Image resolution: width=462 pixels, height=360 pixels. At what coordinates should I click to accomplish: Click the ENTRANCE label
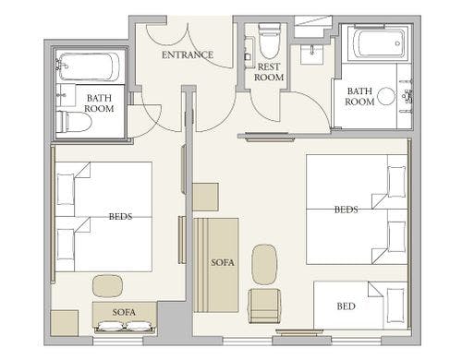coord(188,54)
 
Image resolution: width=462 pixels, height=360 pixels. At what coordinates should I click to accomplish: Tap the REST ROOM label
coord(269,72)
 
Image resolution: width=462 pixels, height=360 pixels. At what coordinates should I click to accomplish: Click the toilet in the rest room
coord(270,41)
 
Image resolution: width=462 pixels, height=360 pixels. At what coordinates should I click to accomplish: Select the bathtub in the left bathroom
coord(89,66)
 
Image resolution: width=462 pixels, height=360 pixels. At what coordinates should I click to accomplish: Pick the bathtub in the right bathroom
coord(379,43)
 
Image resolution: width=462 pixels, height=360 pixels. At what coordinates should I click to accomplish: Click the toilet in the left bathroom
coord(74,122)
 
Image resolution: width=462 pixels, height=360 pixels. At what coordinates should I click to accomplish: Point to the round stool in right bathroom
coord(386,96)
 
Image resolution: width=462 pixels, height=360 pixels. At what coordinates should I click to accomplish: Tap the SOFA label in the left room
coord(124,312)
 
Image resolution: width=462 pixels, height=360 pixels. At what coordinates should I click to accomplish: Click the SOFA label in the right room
coord(223,262)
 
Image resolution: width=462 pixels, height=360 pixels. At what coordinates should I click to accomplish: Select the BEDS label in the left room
coord(120,216)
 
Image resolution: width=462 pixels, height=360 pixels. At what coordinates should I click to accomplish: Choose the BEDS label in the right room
coord(346,210)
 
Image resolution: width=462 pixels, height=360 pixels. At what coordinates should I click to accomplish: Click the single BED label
coord(346,306)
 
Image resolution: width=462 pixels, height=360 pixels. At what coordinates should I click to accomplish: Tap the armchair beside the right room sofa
coord(265,306)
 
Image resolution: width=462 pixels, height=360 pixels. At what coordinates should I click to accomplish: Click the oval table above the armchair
coord(264,264)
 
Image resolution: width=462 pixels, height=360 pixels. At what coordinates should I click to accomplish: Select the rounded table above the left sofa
coord(108,286)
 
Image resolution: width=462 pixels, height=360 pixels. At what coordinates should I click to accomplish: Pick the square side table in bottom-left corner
coord(65,323)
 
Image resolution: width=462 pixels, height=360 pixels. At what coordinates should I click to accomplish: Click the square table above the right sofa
coord(205,197)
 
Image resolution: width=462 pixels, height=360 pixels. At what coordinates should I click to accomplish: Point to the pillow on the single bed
coord(395,306)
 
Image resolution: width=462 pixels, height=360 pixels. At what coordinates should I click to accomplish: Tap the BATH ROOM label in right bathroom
coord(359,96)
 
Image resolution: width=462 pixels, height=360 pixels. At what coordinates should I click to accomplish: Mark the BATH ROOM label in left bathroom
coord(99,103)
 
